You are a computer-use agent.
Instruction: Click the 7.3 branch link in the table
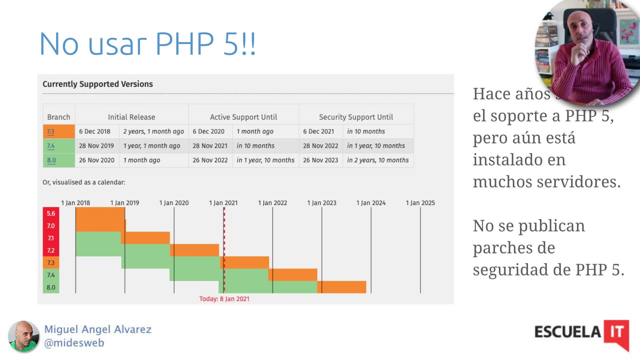[x=51, y=132]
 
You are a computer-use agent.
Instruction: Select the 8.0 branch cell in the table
[x=52, y=160]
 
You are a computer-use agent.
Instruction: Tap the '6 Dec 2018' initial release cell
[x=95, y=132]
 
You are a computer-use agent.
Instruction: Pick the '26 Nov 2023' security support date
[x=320, y=160]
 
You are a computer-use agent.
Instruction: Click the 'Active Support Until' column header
[x=243, y=117]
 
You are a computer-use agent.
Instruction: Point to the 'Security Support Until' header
[x=356, y=117]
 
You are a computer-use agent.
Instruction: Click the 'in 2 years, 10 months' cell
[x=378, y=160]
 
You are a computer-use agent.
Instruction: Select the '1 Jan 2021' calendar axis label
[x=223, y=203]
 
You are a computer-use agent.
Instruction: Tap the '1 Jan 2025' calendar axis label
[x=420, y=203]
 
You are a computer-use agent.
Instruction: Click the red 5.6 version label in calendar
[x=51, y=213]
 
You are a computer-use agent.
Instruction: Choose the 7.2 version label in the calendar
[x=51, y=250]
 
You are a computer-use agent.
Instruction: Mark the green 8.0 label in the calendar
[x=51, y=287]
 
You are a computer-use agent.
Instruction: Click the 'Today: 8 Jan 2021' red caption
[x=224, y=299]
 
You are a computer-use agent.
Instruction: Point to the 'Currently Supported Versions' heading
[x=98, y=84]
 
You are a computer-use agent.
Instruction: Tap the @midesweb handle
[x=74, y=343]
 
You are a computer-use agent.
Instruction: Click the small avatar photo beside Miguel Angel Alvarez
[x=23, y=336]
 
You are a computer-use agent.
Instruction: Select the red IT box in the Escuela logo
[x=616, y=332]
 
